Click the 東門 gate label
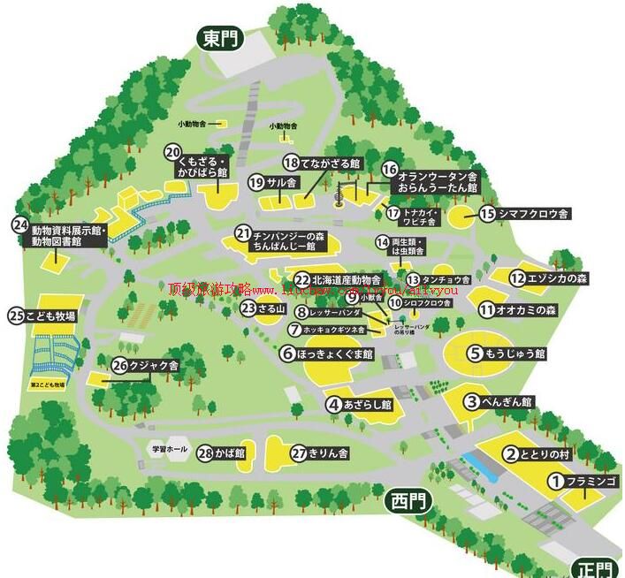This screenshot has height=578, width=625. point(218,39)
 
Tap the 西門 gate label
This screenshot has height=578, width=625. point(408,502)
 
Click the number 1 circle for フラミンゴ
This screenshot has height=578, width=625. point(555,482)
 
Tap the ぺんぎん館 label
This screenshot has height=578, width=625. point(508,402)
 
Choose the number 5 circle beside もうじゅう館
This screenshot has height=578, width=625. point(475,354)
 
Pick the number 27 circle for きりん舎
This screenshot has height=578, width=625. point(299,453)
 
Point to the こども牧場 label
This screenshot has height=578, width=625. point(53,316)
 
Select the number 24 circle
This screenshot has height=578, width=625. point(20,226)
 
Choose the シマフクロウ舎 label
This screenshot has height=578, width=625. point(534,213)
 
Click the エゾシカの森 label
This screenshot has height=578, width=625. point(557,278)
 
